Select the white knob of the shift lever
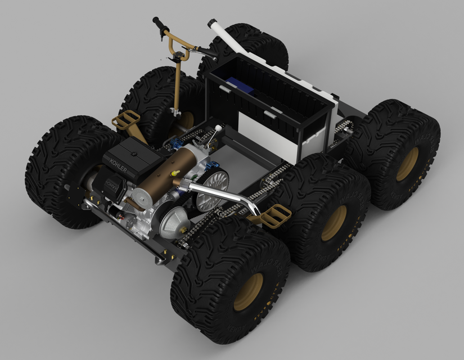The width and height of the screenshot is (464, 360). click(x=216, y=129)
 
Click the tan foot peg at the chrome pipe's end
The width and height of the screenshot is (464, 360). click(x=276, y=215)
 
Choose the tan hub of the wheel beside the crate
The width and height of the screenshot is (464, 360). click(x=407, y=164)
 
